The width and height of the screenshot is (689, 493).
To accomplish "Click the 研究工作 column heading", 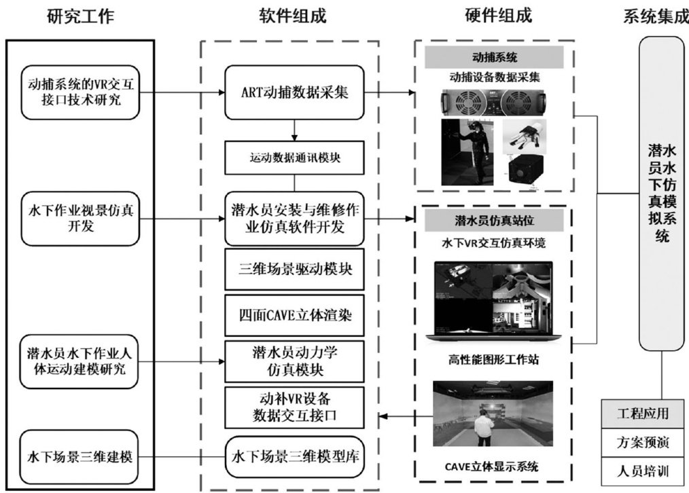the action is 80,17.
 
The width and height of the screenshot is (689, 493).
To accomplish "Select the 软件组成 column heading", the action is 293,16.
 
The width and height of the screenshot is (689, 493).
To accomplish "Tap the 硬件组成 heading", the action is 498,16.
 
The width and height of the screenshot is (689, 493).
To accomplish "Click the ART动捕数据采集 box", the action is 294,92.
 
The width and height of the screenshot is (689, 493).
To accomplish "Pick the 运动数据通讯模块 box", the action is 294,158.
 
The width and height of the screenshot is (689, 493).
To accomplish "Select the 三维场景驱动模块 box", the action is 294,269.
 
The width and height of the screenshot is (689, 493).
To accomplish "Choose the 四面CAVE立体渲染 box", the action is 294,315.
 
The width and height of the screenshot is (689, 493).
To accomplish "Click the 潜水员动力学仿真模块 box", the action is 294,361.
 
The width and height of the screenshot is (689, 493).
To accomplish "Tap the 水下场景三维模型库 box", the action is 294,457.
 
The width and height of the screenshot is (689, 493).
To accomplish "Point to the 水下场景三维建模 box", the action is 79,457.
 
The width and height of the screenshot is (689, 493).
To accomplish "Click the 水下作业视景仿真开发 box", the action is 80,219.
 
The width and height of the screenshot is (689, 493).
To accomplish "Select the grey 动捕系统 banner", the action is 494,57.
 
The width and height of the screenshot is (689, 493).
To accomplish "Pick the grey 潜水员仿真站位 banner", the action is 494,220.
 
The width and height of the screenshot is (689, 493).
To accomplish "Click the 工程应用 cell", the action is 642,414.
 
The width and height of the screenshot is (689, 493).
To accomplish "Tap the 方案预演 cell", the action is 642,443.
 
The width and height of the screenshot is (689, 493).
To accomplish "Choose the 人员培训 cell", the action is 642,471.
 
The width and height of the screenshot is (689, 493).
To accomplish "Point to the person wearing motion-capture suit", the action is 467,152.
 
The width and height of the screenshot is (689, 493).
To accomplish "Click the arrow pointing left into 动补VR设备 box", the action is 406,416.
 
